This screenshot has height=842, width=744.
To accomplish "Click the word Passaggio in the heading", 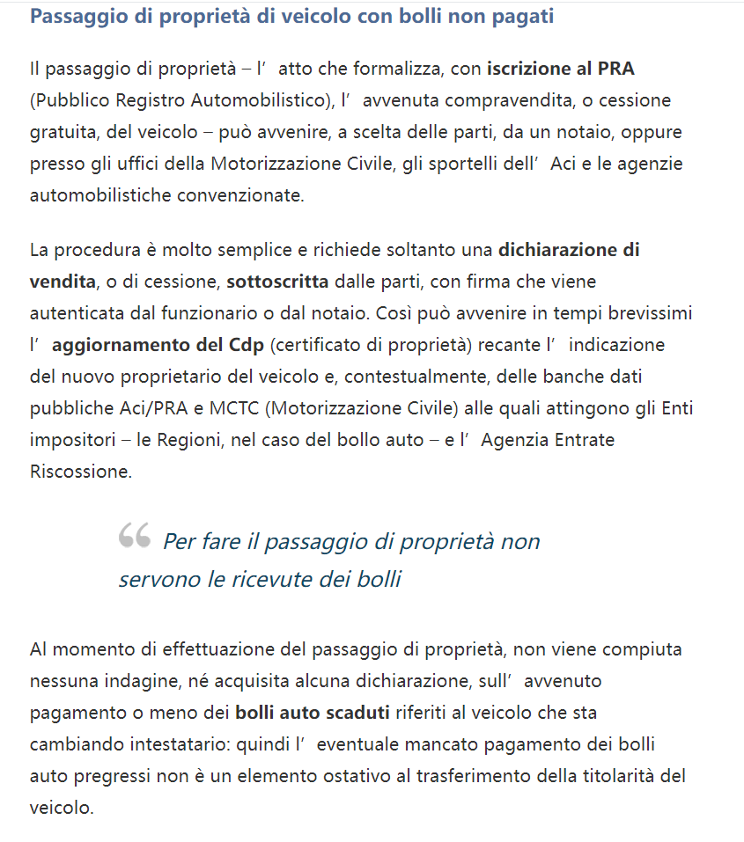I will tap(75, 17).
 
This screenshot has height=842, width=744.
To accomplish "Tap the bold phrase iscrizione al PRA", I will tap(560, 69).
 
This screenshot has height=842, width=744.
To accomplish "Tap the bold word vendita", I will tap(62, 282).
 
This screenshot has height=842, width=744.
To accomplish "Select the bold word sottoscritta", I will tap(277, 282).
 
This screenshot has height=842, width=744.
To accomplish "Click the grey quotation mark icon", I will tap(135, 535).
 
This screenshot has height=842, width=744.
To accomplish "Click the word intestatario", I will tap(163, 744).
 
